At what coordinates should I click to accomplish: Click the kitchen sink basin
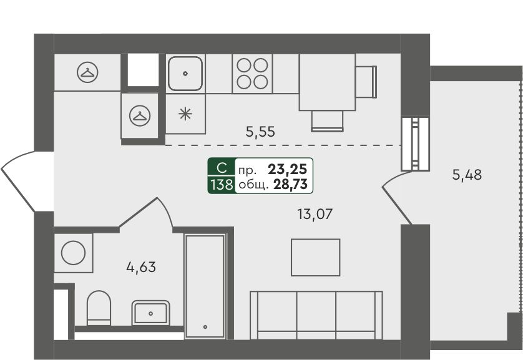[x=185, y=74]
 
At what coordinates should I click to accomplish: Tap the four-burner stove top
[x=252, y=74]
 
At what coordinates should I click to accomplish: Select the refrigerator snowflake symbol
[x=185, y=114]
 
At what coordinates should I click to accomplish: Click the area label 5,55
[x=260, y=132]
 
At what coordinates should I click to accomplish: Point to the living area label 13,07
[x=315, y=214]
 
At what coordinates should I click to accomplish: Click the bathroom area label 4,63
[x=141, y=267]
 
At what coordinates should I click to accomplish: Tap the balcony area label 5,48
[x=467, y=175]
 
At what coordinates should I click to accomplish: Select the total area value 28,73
[x=290, y=184]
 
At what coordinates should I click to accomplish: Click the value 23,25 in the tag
[x=287, y=169]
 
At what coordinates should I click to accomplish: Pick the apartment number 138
[x=222, y=184]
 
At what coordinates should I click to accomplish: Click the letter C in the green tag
[x=222, y=168]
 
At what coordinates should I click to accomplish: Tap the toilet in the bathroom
[x=99, y=308]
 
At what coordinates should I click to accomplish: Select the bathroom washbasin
[x=151, y=313]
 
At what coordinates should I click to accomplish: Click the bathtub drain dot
[x=205, y=327]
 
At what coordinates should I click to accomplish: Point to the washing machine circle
[x=73, y=253]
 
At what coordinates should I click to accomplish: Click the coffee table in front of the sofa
[x=316, y=257]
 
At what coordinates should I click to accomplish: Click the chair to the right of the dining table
[x=366, y=82]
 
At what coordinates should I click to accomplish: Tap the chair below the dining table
[x=327, y=121]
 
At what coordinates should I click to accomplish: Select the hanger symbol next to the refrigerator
[x=140, y=115]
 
